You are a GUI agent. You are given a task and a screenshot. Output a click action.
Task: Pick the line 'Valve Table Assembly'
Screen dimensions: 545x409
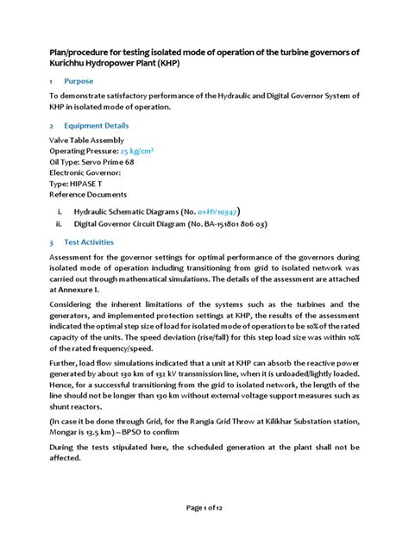pos(86,139)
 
